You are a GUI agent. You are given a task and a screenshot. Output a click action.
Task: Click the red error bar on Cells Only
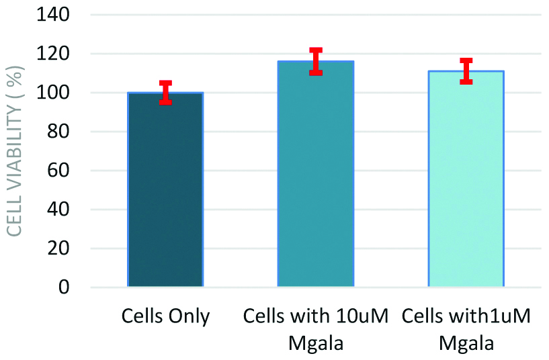165,93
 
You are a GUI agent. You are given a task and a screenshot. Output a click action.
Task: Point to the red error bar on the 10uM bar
316,61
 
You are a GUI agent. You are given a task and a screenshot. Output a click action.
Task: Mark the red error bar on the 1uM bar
466,71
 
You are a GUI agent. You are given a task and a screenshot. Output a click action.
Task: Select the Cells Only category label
165,316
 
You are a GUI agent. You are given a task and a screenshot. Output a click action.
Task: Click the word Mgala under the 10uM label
316,343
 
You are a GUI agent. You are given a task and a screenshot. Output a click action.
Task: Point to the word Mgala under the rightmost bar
466,343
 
